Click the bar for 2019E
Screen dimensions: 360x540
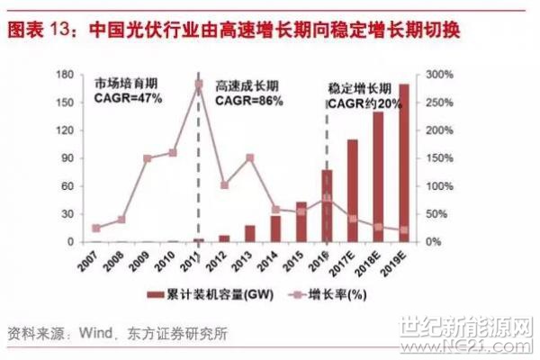click(x=403, y=163)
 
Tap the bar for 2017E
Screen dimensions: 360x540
click(x=352, y=191)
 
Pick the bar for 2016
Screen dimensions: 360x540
click(x=327, y=206)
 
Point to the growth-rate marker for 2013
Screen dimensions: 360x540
click(x=249, y=158)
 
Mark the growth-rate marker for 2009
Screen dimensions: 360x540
click(x=147, y=158)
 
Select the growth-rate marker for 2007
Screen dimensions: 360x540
click(x=95, y=229)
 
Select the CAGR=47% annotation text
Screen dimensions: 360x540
click(x=128, y=97)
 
